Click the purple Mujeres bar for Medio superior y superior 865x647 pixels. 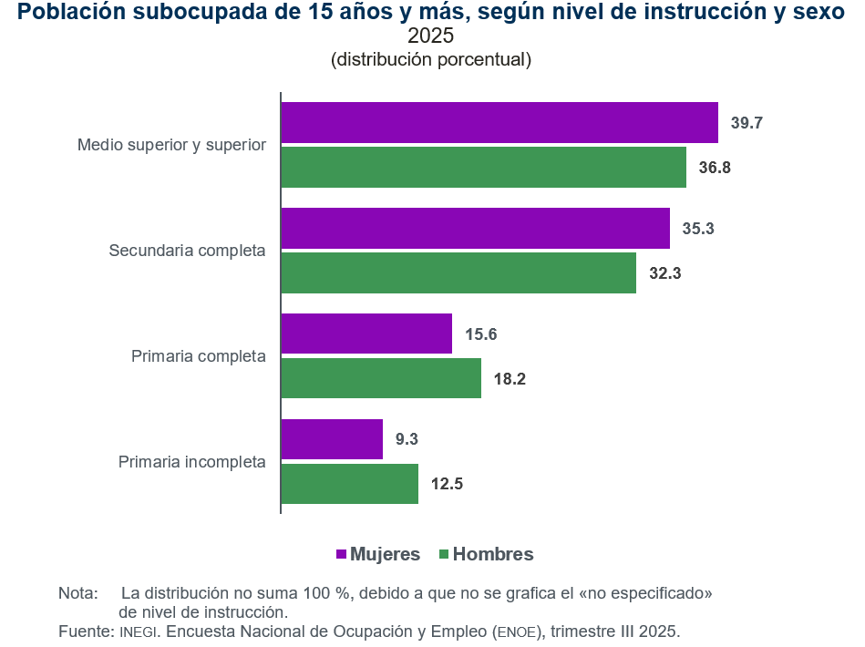pyautogui.click(x=499, y=122)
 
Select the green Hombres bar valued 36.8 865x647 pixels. pyautogui.click(x=483, y=168)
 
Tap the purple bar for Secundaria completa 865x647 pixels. pyautogui.click(x=475, y=228)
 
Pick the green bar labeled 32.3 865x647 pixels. pyautogui.click(x=458, y=273)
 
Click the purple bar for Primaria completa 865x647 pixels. pyautogui.click(x=366, y=334)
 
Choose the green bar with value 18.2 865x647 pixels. pyautogui.click(x=381, y=378)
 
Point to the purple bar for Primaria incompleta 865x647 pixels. pyautogui.click(x=332, y=439)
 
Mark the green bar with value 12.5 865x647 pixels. pyautogui.click(x=349, y=484)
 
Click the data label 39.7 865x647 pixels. pyautogui.click(x=747, y=123)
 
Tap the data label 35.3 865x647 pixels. pyautogui.click(x=698, y=229)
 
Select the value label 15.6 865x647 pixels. pyautogui.click(x=480, y=334)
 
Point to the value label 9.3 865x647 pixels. pyautogui.click(x=407, y=439)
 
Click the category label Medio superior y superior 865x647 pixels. pyautogui.click(x=171, y=145)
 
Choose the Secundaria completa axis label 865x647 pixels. pyautogui.click(x=187, y=251)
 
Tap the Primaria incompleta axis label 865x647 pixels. pyautogui.click(x=191, y=462)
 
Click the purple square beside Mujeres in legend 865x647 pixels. pyautogui.click(x=342, y=555)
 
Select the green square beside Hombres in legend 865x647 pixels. pyautogui.click(x=445, y=555)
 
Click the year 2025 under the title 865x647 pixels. pyautogui.click(x=430, y=37)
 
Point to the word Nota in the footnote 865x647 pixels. pyautogui.click(x=77, y=593)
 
